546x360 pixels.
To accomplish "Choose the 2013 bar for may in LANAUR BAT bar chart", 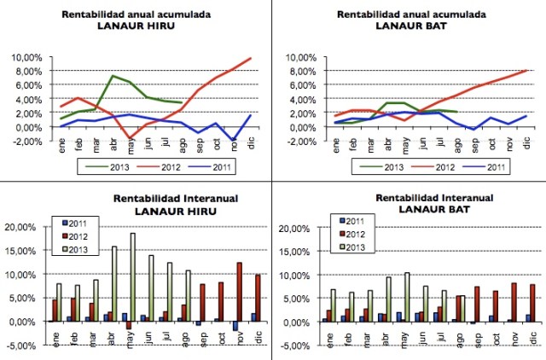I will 406,297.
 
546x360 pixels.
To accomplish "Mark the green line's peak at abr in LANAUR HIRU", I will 113,76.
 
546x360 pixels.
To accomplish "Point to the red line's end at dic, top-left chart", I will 250,58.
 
